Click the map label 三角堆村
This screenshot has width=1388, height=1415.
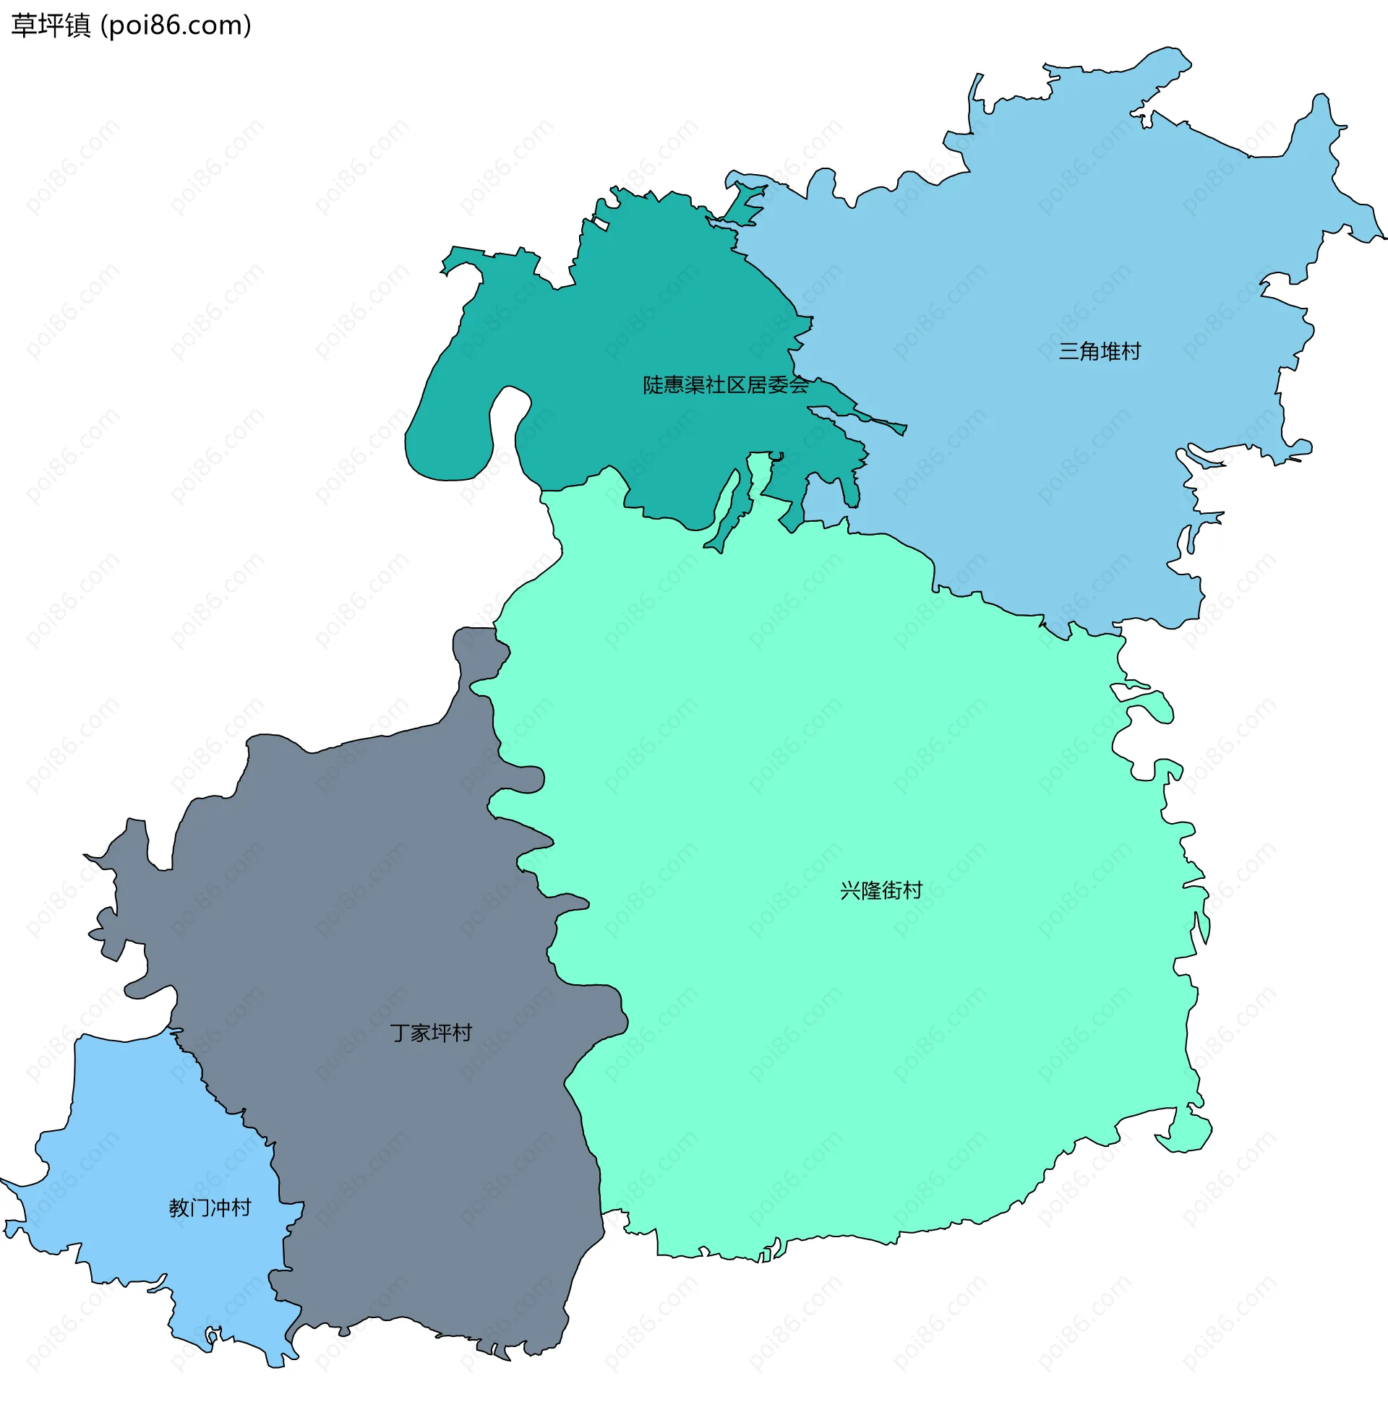coord(1100,351)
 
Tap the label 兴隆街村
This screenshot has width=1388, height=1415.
coord(881,890)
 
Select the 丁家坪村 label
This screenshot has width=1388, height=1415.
coord(431,1033)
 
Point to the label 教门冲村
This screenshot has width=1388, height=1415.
coord(210,1208)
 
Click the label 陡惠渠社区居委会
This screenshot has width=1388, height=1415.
coord(725,384)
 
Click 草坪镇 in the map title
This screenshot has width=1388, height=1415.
coord(51,25)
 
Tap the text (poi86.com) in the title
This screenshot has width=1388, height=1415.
coord(176,25)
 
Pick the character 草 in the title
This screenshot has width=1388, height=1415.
coord(24,25)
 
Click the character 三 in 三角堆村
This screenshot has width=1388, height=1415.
coord(1068,351)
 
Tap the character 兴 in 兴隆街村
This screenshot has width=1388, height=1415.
coord(850,890)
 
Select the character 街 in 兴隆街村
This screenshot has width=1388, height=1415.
coord(891,890)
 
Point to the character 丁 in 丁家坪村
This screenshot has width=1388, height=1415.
coord(400,1033)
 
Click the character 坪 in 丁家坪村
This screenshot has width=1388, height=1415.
coord(442,1033)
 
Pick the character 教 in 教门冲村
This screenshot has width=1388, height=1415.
coord(179,1208)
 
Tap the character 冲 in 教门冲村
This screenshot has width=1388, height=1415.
coord(221,1208)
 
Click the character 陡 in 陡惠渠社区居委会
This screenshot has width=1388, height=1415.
coord(653,384)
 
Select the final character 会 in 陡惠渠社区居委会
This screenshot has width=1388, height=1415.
coord(799,384)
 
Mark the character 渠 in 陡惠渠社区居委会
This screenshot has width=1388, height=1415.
coord(694,384)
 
